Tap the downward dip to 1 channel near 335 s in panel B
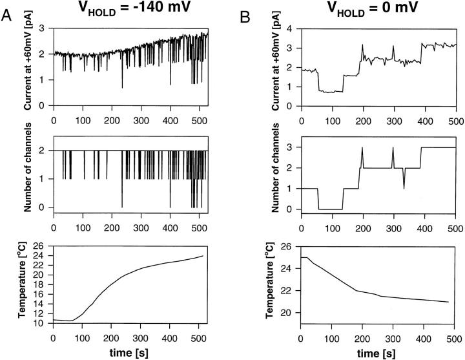pos(404,187)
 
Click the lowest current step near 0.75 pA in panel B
pos(331,92)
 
